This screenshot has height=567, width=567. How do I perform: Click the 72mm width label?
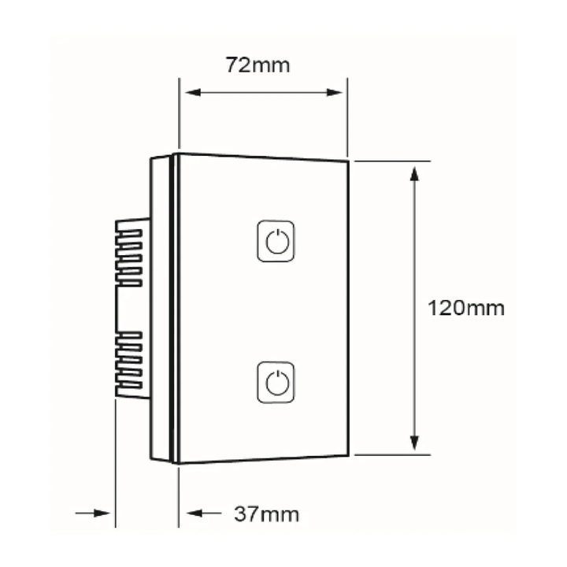[x=258, y=65]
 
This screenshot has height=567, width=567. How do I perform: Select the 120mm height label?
[x=465, y=309]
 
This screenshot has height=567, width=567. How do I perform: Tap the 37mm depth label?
[x=266, y=513]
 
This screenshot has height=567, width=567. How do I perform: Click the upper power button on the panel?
[x=276, y=241]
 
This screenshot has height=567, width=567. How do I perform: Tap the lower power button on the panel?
[x=276, y=382]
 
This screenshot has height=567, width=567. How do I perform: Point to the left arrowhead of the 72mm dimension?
[x=193, y=93]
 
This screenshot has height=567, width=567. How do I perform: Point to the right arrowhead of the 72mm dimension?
[x=334, y=93]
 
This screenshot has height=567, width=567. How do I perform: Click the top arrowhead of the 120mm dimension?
[x=415, y=174]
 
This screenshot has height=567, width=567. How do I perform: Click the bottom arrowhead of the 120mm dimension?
[x=415, y=443]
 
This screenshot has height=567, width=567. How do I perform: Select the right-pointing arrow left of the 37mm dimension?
[x=93, y=513]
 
